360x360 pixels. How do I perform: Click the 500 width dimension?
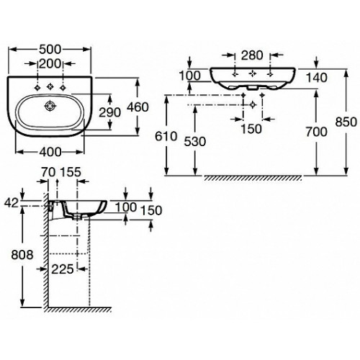pos(50,50)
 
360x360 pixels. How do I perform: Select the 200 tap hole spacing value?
pos(50,64)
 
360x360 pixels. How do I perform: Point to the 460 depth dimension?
pos(138,107)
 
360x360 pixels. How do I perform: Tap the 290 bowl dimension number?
pos(109,112)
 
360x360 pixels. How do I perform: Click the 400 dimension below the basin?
pos(50,152)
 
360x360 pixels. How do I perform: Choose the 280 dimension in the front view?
pos(252,55)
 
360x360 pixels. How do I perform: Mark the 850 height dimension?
pos(346,122)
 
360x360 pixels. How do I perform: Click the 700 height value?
pos(316,132)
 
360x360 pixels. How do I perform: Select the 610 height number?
pos(166,137)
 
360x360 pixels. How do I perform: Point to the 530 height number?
pos(195,142)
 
